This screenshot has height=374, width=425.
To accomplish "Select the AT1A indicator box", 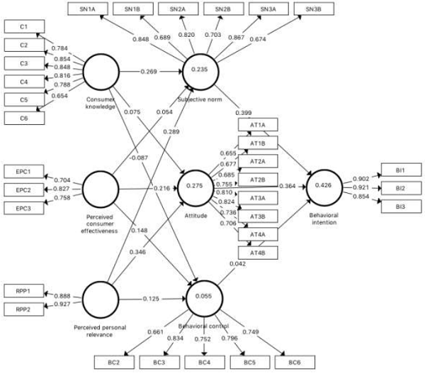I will [x=258, y=125].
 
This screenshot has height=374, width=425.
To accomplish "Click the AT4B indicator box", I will [x=258, y=251].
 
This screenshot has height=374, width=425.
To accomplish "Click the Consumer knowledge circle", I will [x=103, y=72].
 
